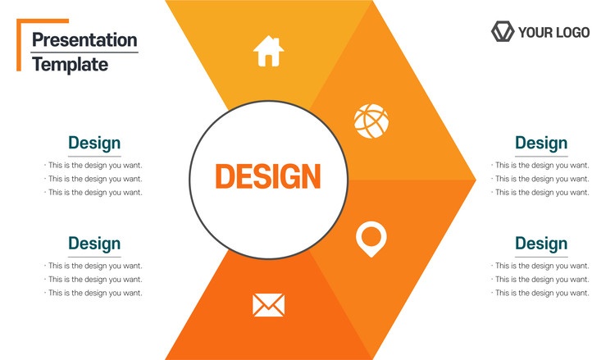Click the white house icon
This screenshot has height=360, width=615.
268,51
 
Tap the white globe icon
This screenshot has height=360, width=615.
371,121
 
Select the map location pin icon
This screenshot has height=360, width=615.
371,239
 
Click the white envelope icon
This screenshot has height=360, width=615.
268,305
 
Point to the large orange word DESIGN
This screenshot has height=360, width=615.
268,176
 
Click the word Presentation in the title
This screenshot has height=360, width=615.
84,40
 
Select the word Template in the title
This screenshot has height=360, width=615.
71,65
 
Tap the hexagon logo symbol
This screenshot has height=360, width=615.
503,31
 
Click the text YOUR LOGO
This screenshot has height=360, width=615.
553,32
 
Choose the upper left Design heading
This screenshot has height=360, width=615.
94,144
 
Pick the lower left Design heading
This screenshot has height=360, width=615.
94,244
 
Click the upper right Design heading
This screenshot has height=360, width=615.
541,144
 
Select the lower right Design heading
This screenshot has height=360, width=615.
541,244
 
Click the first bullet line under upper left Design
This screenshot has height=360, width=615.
93,166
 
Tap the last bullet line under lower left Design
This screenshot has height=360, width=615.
93,293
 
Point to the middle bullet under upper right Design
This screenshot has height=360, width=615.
540,179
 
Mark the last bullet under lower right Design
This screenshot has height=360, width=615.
540,293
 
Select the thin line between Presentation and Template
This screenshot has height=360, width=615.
84,52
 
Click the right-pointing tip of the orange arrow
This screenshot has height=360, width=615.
476,180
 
